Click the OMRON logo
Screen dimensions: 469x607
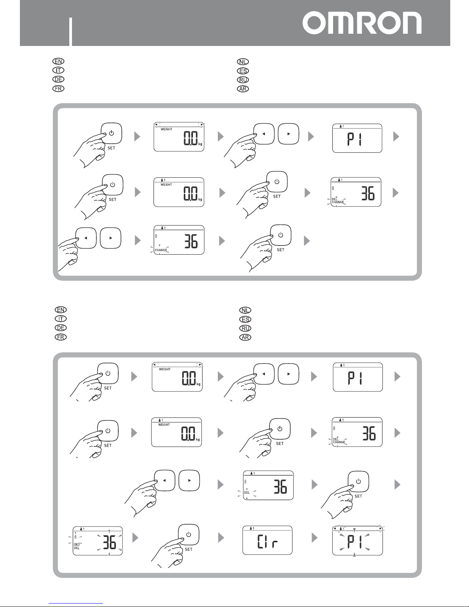(x=362, y=23)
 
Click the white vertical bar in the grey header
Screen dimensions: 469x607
(x=71, y=31)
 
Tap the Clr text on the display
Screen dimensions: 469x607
(x=267, y=541)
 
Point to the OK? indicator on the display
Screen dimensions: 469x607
(x=77, y=544)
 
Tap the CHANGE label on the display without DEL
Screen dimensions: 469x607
(x=161, y=250)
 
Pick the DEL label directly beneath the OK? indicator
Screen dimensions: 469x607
(x=77, y=548)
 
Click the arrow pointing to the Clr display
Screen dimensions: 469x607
(x=221, y=538)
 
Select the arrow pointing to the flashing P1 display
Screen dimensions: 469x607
(x=314, y=538)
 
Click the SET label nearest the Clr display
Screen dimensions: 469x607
(x=189, y=549)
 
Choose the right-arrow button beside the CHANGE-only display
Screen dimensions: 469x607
(x=110, y=238)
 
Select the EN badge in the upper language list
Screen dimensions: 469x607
(x=59, y=61)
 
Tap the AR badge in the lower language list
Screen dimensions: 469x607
(x=245, y=337)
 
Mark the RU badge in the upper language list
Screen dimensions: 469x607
(x=243, y=80)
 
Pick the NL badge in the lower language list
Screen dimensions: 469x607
(x=245, y=310)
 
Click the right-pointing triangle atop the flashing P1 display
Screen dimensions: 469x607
(x=380, y=528)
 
